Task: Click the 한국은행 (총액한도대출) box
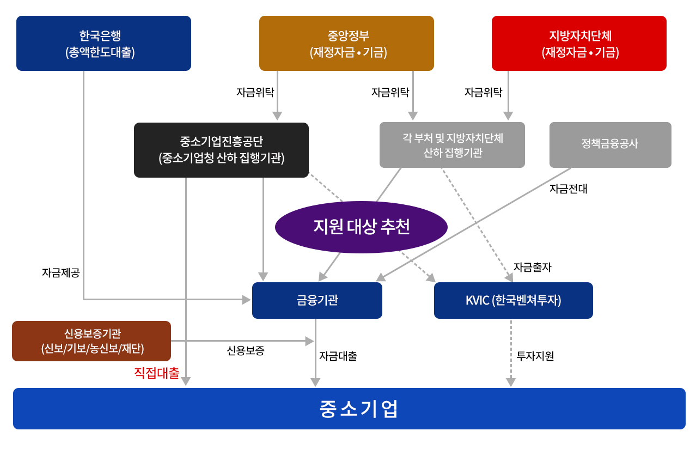tap(104, 43)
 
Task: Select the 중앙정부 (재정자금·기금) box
tap(346, 43)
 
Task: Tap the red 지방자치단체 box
tap(579, 43)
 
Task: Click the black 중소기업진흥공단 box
tap(221, 150)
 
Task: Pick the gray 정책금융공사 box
tap(610, 145)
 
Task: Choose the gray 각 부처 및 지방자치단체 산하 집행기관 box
tap(452, 145)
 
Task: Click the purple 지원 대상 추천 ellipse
tap(361, 227)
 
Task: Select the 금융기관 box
tap(317, 300)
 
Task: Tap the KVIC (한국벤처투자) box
tap(514, 300)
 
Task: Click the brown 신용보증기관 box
tap(91, 341)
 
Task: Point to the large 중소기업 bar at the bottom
tap(349, 409)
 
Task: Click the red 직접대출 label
tap(157, 373)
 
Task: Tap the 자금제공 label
tap(61, 272)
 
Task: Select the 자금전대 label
tap(569, 189)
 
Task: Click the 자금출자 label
tap(532, 267)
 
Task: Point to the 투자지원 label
tap(535, 356)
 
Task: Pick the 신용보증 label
tap(246, 350)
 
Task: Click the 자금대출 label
tap(338, 356)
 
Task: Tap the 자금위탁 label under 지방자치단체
tap(483, 92)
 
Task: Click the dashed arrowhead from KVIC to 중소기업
tap(511, 382)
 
